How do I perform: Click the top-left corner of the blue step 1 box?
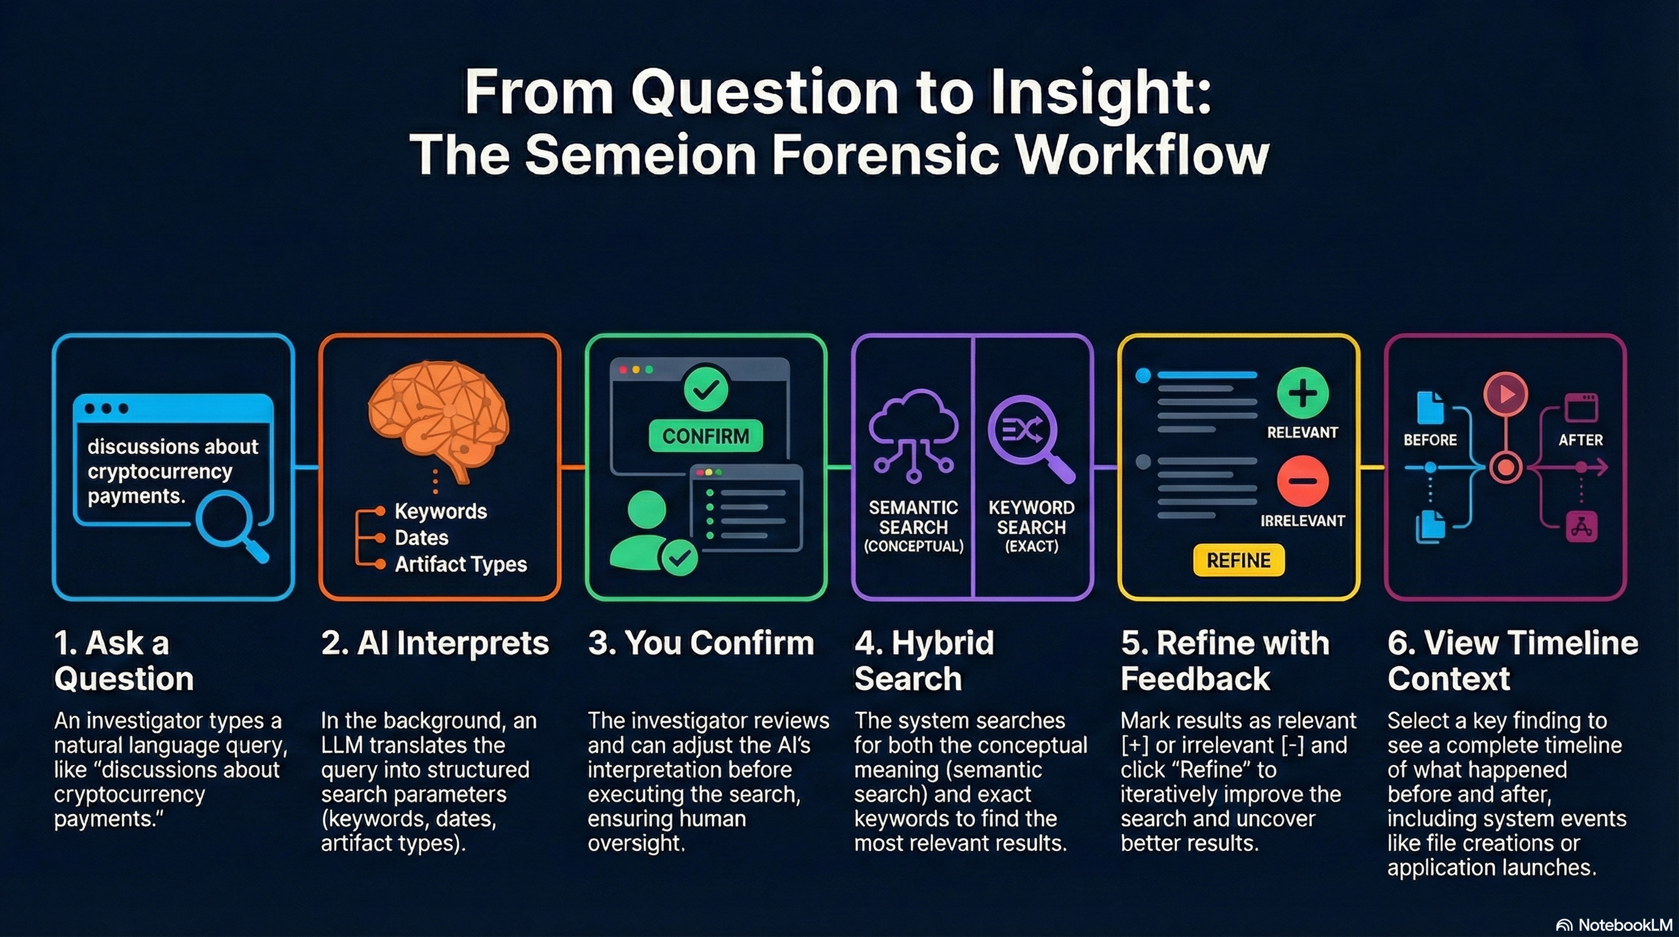pos(54,335)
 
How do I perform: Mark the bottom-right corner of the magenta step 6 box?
pos(1625,599)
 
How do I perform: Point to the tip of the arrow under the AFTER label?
pos(1607,467)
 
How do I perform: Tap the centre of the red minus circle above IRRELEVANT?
pos(1303,481)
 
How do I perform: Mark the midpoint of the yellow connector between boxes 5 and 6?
pos(1372,467)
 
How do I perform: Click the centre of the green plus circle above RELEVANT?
pos(1303,393)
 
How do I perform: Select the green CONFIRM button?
pos(705,436)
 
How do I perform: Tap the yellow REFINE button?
pos(1239,561)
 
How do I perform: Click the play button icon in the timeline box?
pos(1505,394)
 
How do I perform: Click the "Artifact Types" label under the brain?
pos(461,564)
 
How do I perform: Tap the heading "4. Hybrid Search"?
pos(924,661)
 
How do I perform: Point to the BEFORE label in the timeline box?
pos(1430,440)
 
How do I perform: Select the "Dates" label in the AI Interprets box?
pos(421,537)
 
